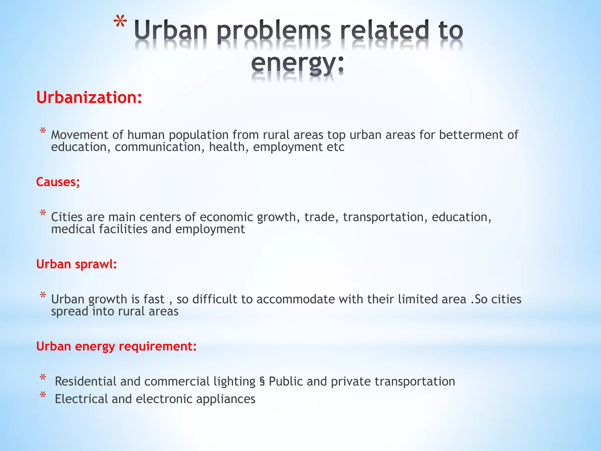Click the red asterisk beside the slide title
click(120, 23)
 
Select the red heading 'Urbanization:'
click(89, 97)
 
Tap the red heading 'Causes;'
click(58, 182)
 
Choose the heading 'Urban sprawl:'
click(76, 264)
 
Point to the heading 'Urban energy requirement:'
click(116, 346)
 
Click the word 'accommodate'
click(296, 299)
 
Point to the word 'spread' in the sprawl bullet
click(70, 312)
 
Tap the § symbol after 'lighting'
click(262, 381)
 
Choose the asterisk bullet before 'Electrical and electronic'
click(43, 395)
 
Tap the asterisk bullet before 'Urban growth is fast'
click(43, 295)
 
